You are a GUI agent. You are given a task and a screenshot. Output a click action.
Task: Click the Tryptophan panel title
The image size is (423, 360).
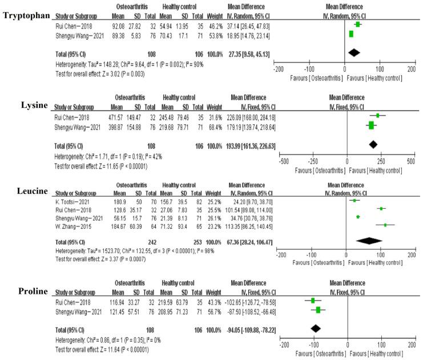point(25,13)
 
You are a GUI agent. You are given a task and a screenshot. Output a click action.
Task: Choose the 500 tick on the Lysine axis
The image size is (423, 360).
point(409,161)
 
